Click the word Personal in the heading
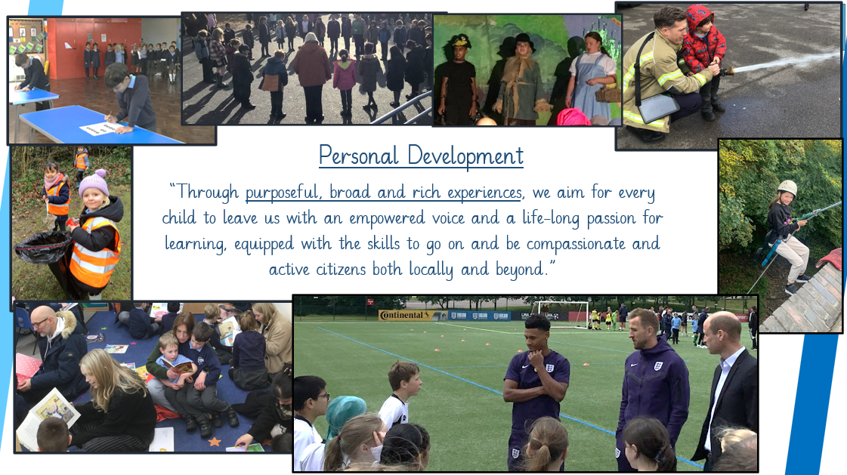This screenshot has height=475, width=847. [358, 156]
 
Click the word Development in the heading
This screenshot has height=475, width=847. [465, 156]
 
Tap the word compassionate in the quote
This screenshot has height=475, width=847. [576, 244]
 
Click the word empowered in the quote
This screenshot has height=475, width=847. [387, 218]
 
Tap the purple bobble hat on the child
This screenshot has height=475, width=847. [94, 183]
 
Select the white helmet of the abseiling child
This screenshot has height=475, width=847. [787, 187]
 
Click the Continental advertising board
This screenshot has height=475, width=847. [405, 315]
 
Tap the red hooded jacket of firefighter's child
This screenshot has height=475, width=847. [702, 42]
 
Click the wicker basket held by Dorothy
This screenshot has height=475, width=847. [608, 94]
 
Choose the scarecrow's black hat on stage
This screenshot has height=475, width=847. [522, 41]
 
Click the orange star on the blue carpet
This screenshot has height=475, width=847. [215, 442]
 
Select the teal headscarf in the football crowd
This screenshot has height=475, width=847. [344, 415]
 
